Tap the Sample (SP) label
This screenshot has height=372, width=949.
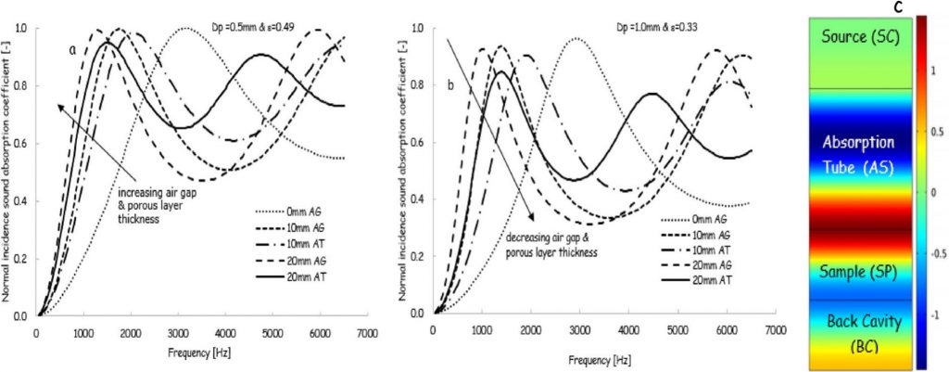click(858, 272)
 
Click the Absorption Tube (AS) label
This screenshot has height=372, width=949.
click(858, 155)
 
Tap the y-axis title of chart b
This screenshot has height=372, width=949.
click(404, 168)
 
